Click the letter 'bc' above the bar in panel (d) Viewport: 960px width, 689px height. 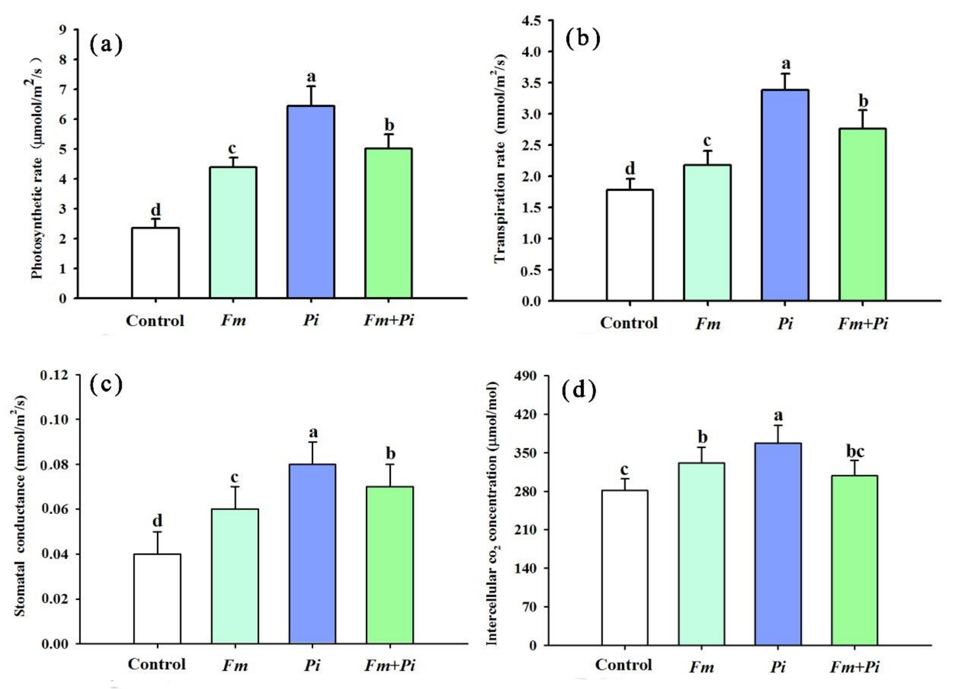point(855,452)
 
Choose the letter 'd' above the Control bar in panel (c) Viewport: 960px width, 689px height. point(157,521)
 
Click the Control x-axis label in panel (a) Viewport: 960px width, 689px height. point(155,321)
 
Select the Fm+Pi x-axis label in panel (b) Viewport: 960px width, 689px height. point(863,324)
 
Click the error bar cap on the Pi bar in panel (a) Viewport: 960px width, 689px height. point(311,86)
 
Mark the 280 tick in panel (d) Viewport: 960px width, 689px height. point(526,491)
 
